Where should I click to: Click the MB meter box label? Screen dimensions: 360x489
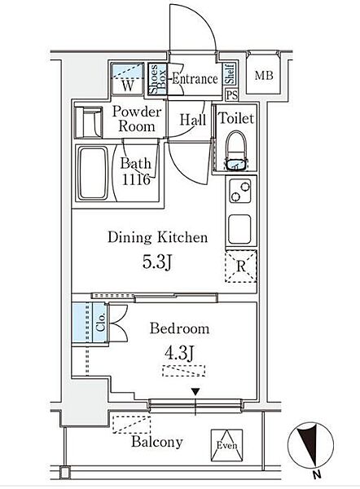[x=264, y=76]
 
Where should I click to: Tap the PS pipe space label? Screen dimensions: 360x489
[x=231, y=95]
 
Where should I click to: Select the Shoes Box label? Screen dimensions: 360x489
[x=157, y=80]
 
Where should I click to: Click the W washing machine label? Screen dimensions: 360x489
[x=128, y=85]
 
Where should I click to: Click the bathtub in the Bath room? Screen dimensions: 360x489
[x=93, y=174]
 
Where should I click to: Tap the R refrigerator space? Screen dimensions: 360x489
[x=240, y=266]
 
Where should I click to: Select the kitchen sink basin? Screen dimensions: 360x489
[x=239, y=229]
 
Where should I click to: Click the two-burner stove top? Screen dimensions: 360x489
[x=240, y=191]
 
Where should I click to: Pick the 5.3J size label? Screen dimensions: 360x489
[x=157, y=262]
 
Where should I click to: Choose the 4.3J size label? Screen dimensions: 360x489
[x=179, y=354]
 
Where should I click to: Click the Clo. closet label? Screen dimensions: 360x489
[x=101, y=322]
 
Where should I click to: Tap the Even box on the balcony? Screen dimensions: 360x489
[x=226, y=445]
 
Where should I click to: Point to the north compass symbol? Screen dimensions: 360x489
[x=310, y=444]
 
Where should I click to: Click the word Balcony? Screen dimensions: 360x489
[x=156, y=442]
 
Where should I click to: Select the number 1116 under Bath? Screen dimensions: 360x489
[x=136, y=179]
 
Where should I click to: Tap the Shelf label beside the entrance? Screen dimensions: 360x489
[x=230, y=74]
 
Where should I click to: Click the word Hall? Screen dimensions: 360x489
[x=193, y=120]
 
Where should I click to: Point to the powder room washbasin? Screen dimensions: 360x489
[x=89, y=122]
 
